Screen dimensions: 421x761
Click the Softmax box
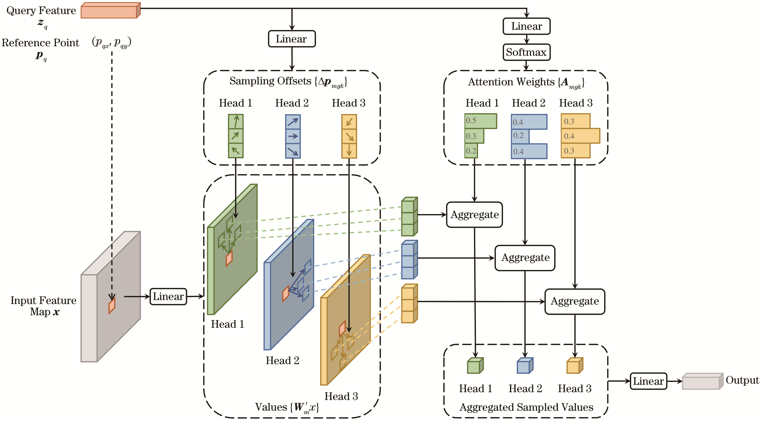[526, 52]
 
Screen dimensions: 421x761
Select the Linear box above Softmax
[526, 26]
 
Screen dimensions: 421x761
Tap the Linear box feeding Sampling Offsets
[292, 39]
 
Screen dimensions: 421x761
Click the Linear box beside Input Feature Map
[168, 297]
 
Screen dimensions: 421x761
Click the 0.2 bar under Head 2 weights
[520, 136]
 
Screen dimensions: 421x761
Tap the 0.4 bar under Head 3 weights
[580, 136]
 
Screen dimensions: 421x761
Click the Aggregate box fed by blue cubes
[525, 258]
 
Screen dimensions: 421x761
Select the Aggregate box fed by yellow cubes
[575, 302]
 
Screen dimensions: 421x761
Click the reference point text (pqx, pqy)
[111, 42]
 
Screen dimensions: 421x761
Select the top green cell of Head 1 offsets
[236, 122]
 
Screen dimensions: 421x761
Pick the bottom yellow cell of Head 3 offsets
[349, 151]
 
